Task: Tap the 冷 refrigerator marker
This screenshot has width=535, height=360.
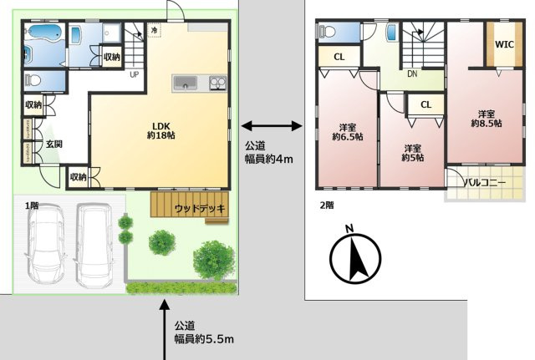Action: point(155,30)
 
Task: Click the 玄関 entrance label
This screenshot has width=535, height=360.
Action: point(53,145)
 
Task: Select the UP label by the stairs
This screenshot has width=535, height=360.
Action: point(133,74)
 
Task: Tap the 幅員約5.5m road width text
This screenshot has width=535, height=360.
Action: point(204,338)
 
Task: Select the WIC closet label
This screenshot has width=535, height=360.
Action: point(503,43)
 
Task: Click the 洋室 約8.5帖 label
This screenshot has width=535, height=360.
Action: point(486,118)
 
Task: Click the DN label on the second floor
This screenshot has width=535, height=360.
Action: point(412,74)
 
